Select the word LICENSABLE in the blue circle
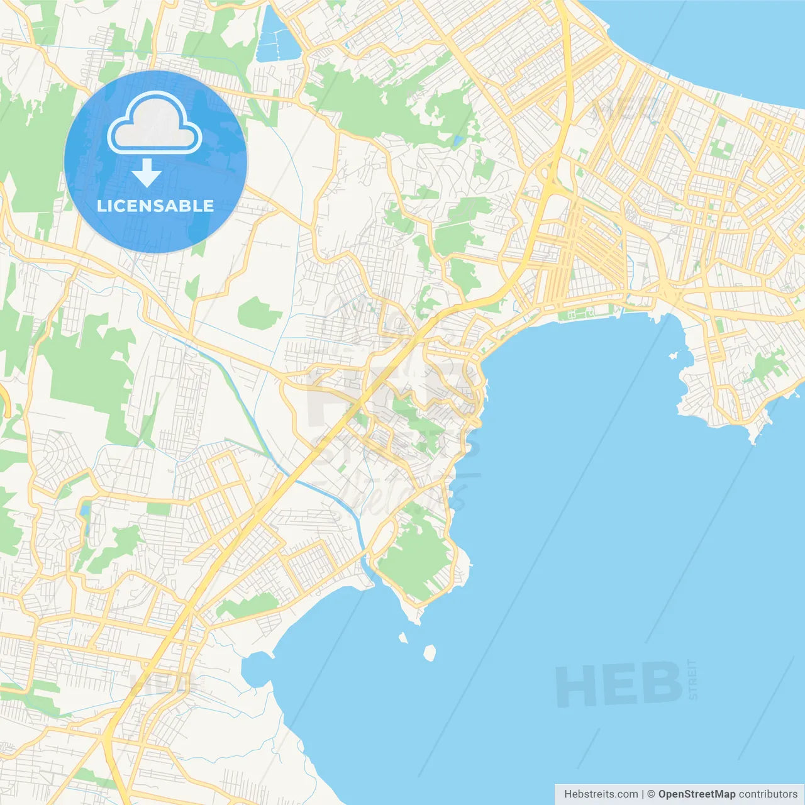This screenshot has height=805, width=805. tap(155, 206)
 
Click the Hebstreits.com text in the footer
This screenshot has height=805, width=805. tap(601, 794)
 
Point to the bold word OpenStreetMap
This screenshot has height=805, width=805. tap(696, 794)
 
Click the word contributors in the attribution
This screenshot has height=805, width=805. tap(768, 794)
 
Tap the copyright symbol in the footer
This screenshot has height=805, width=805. tap(651, 794)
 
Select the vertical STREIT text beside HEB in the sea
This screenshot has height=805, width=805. tap(692, 679)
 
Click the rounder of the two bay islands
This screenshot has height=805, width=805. tap(430, 653)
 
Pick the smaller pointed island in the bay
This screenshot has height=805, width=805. tap(403, 638)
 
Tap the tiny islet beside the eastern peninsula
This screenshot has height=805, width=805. tap(674, 356)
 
